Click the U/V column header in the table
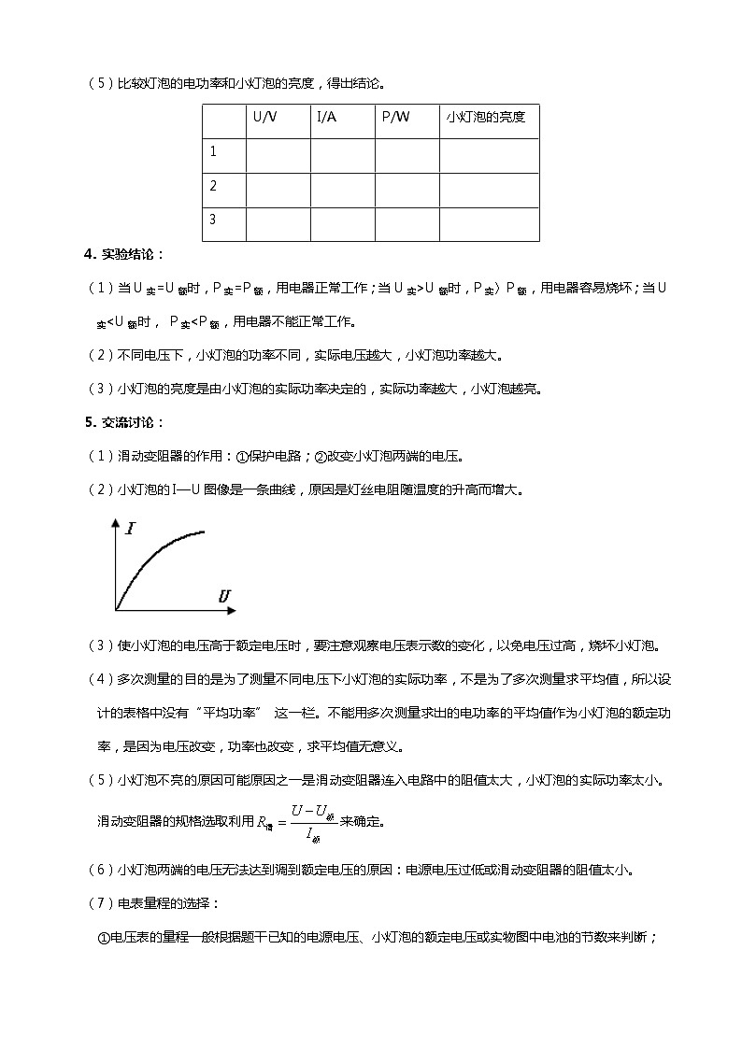point(264,118)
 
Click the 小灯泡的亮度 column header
point(486,118)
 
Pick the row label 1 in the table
point(213,151)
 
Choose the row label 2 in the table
point(213,186)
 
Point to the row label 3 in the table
point(213,220)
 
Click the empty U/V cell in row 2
point(278,191)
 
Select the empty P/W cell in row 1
point(407,156)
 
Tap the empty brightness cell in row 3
point(489,225)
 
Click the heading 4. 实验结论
point(123,254)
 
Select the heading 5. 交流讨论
point(123,422)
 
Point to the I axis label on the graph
point(130,529)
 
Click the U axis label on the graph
point(224,595)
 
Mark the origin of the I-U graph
point(116,610)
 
